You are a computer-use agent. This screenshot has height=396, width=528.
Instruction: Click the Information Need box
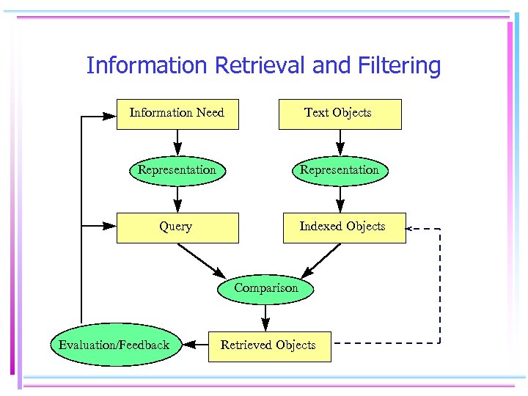177,114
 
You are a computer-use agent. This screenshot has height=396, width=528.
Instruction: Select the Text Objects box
340,114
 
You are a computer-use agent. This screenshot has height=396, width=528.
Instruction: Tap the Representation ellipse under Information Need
177,170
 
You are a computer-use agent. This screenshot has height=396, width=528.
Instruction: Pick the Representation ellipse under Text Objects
340,170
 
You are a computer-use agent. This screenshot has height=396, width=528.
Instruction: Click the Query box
177,227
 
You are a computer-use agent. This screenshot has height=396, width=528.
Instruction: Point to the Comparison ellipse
266,288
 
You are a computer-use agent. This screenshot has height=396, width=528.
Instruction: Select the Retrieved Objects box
269,345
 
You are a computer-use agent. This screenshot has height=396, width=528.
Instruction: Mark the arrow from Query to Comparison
202,260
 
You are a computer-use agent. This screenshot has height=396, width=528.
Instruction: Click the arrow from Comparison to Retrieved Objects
265,317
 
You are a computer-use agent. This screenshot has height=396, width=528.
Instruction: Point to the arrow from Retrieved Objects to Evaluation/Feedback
195,344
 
